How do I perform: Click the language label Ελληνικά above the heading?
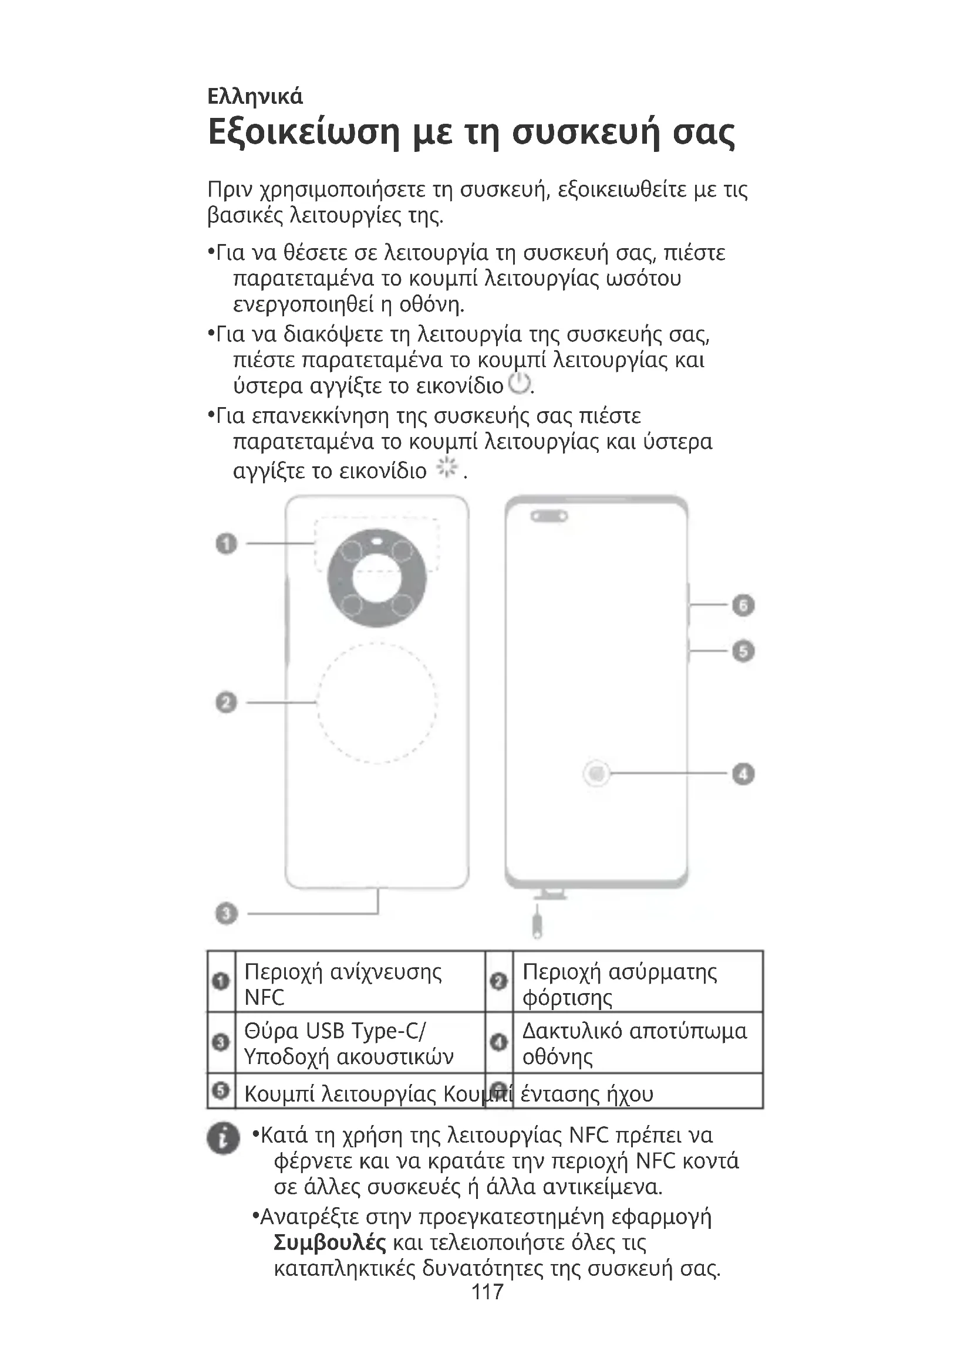pyautogui.click(x=255, y=96)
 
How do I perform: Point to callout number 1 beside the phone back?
pyautogui.click(x=226, y=544)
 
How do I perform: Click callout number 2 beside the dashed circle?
pyautogui.click(x=226, y=702)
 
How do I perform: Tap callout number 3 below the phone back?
pyautogui.click(x=226, y=913)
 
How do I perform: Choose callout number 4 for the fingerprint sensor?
pyautogui.click(x=743, y=774)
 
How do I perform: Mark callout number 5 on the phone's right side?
pyautogui.click(x=743, y=651)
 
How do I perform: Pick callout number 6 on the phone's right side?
pyautogui.click(x=743, y=605)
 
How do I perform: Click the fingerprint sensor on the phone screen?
pyautogui.click(x=596, y=774)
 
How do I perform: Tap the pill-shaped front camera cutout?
pyautogui.click(x=549, y=516)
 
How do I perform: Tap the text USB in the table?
pyautogui.click(x=325, y=1031)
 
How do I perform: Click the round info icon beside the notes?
pyautogui.click(x=223, y=1139)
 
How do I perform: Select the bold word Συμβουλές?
pyautogui.click(x=329, y=1243)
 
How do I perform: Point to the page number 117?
pyautogui.click(x=487, y=1292)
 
